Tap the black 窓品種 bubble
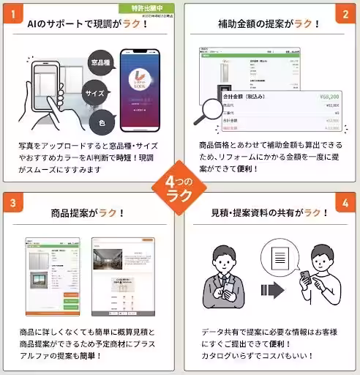(102, 64)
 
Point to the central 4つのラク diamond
(180, 188)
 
